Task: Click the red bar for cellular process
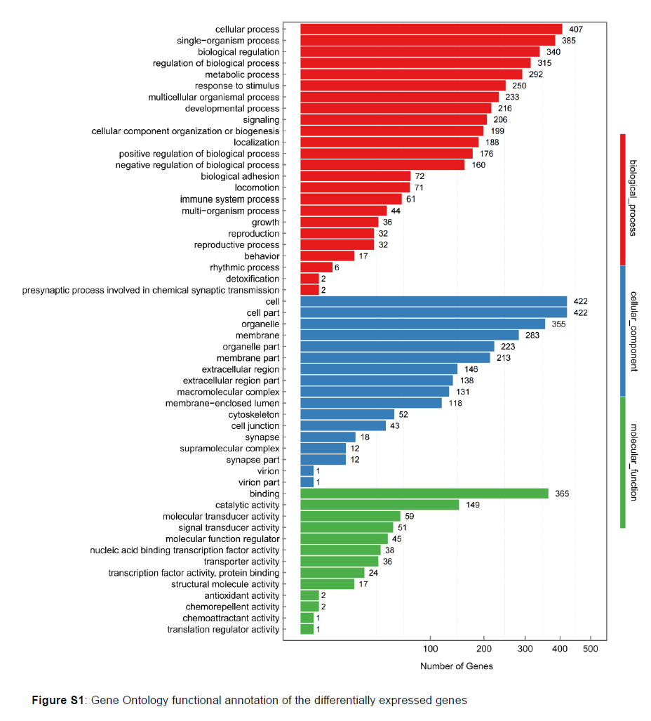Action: pos(431,29)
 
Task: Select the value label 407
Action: pos(576,29)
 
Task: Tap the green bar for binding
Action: pos(424,494)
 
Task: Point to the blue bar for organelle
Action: pos(422,324)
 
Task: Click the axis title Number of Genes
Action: pos(456,666)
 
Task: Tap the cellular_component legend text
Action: pos(633,331)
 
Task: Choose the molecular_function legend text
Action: pos(633,462)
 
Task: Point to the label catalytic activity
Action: pos(247,505)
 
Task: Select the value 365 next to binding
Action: pos(562,494)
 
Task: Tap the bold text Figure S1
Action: pos(59,700)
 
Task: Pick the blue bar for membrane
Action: pos(409,336)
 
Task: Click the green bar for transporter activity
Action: pos(339,562)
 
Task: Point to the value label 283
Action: pos(532,336)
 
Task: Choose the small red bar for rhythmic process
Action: pos(316,267)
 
